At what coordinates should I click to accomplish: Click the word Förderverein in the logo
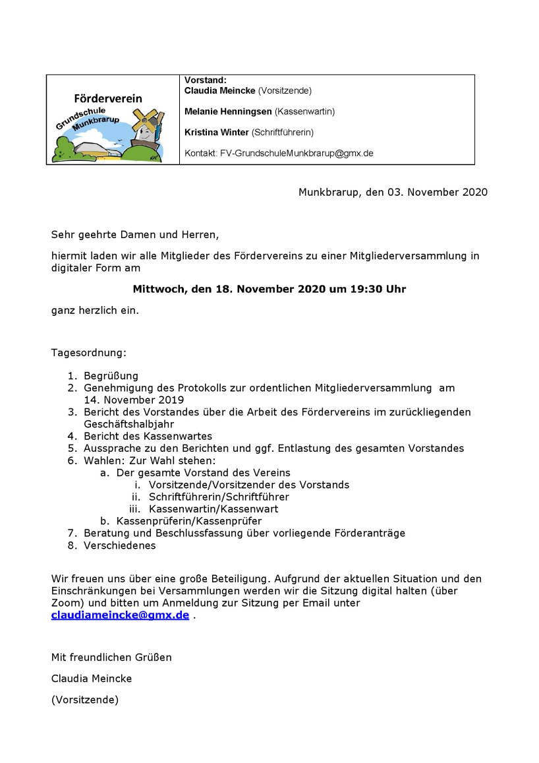click(x=108, y=98)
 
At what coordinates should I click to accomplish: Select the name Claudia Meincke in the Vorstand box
click(x=220, y=90)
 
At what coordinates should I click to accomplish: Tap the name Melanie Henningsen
click(x=228, y=111)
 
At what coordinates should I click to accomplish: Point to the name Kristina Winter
click(x=216, y=133)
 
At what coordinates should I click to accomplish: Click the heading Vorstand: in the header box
click(x=206, y=80)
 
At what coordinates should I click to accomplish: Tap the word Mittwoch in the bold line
click(x=158, y=289)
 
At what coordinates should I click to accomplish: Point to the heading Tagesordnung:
click(x=88, y=353)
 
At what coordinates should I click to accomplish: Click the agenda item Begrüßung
click(x=111, y=376)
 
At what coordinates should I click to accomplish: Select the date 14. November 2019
click(x=134, y=400)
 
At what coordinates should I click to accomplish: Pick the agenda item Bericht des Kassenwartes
click(x=148, y=436)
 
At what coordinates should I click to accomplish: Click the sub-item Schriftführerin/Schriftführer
click(x=219, y=497)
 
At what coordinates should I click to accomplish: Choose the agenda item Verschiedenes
click(x=119, y=545)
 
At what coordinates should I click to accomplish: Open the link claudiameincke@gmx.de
click(x=120, y=615)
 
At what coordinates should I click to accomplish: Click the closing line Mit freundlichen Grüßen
click(x=111, y=657)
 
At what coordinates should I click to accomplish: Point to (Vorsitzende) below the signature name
click(x=85, y=700)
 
